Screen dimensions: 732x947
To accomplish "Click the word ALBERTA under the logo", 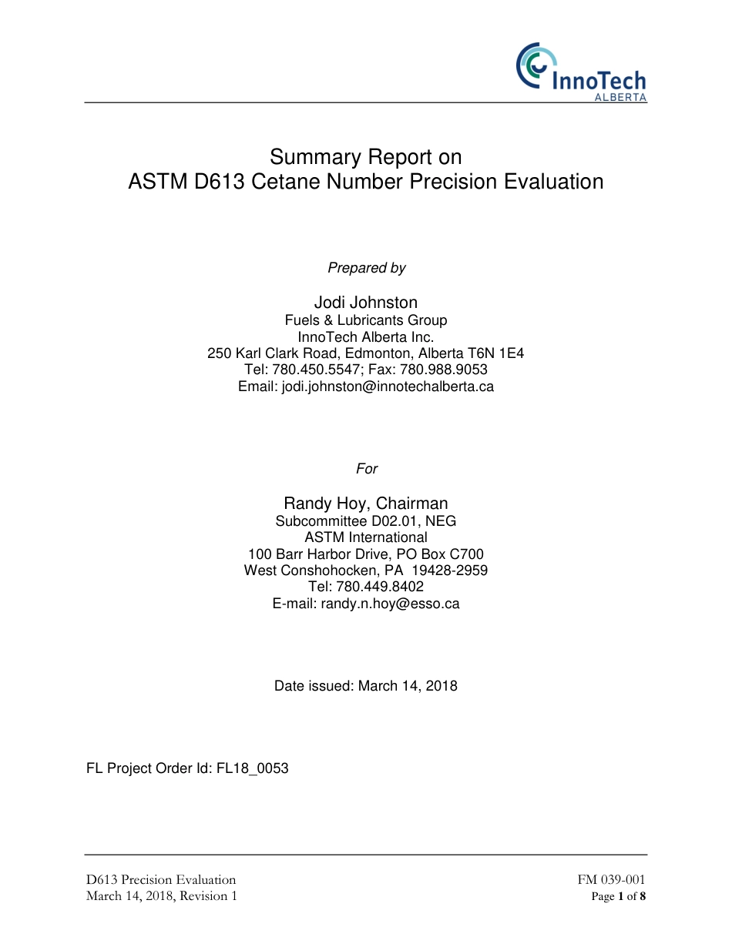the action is pyautogui.click(x=620, y=99).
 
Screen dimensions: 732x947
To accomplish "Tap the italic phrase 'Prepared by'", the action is pyautogui.click(x=366, y=268).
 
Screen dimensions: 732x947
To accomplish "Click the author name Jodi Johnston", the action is pyautogui.click(x=366, y=303).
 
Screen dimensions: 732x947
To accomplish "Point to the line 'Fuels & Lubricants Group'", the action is pyautogui.click(x=366, y=320).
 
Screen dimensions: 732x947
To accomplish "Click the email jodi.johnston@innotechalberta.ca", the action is pyautogui.click(x=387, y=386).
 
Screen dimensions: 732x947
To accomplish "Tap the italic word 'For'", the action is pyautogui.click(x=367, y=469).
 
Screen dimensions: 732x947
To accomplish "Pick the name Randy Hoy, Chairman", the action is pyautogui.click(x=366, y=504).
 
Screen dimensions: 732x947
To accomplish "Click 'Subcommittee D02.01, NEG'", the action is pyautogui.click(x=366, y=521).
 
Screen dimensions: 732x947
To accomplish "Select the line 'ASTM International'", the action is pyautogui.click(x=366, y=537).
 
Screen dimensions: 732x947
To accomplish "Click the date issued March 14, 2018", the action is pyautogui.click(x=408, y=686).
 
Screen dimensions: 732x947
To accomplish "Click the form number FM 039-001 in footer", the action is pyautogui.click(x=612, y=880).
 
